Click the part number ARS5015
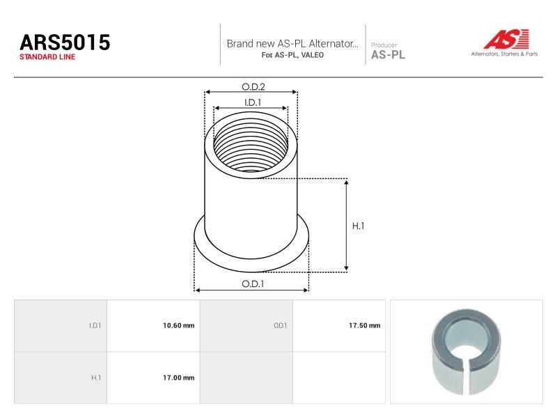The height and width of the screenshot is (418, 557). click(65, 42)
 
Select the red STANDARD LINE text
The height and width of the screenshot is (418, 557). click(47, 57)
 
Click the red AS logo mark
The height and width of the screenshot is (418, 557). click(506, 39)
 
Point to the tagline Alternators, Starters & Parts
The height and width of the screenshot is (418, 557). click(504, 54)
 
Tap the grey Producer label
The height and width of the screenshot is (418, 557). click(384, 45)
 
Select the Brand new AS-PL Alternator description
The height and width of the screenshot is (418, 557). click(292, 43)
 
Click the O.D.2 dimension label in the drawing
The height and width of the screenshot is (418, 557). click(253, 86)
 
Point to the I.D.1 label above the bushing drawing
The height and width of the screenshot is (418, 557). click(253, 102)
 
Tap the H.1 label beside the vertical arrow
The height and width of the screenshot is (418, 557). click(358, 226)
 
